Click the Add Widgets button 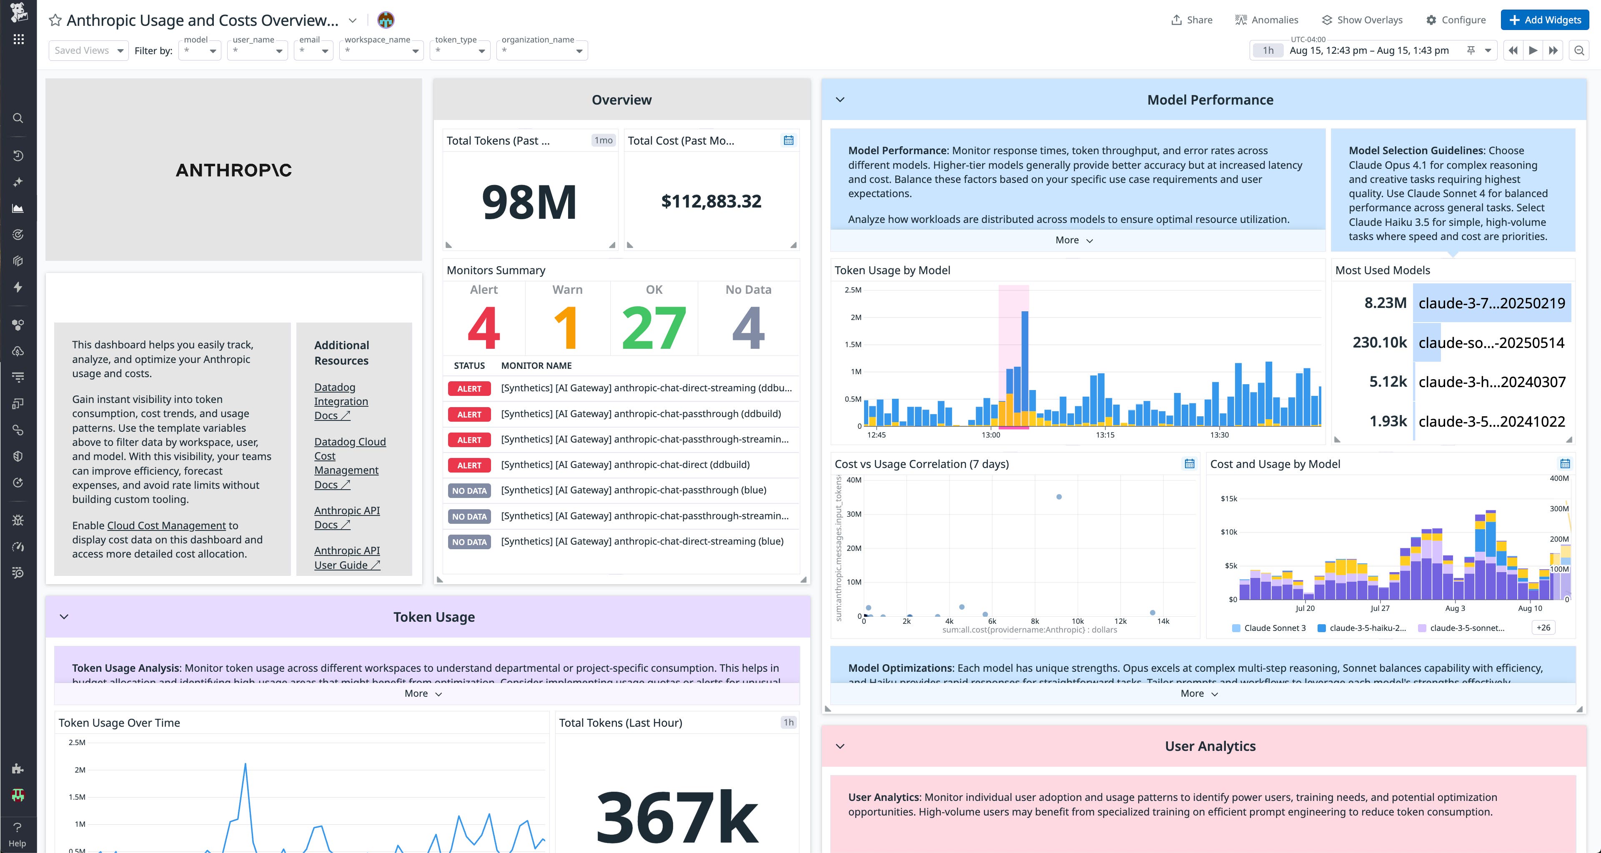[x=1544, y=20]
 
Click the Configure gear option [x=1455, y=20]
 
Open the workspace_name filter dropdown [x=381, y=51]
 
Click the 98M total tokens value [x=529, y=202]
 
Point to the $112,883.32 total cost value [x=711, y=201]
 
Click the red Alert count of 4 [x=484, y=328]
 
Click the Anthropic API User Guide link [x=346, y=557]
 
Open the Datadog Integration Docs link [x=341, y=401]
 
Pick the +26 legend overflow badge [x=1543, y=628]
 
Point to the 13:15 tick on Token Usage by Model [x=1105, y=435]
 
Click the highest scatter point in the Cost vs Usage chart [x=1059, y=497]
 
